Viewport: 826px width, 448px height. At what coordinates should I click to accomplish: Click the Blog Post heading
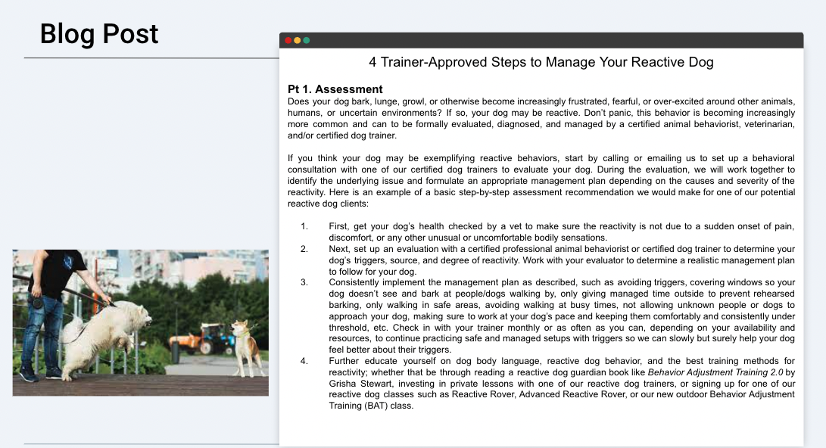[99, 34]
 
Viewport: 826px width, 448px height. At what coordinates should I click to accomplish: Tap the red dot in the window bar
[288, 40]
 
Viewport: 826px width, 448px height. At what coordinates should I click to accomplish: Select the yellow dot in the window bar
[298, 40]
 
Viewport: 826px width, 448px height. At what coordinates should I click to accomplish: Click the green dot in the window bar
[307, 40]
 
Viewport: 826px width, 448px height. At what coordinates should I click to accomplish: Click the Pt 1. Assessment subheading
[335, 89]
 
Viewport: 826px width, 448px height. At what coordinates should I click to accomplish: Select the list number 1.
[304, 226]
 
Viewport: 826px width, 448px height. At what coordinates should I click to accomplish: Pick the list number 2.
[304, 249]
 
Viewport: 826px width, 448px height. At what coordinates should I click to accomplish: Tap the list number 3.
[304, 282]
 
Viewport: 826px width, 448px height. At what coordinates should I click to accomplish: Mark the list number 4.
[304, 361]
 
